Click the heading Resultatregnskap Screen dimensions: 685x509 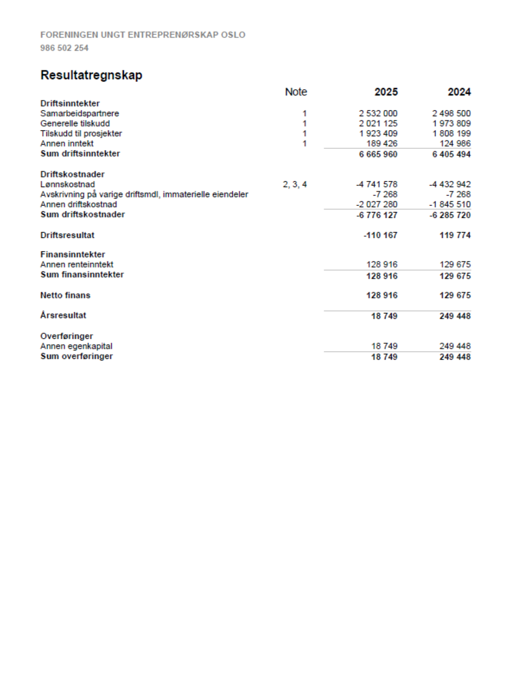[x=91, y=75]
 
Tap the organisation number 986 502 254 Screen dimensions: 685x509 [x=64, y=48]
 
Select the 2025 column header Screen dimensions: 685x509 [x=386, y=92]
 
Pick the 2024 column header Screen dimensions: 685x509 [x=459, y=92]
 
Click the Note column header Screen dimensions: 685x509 [x=296, y=92]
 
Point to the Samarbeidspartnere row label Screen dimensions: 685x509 [x=80, y=113]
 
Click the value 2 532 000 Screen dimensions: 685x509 [x=378, y=113]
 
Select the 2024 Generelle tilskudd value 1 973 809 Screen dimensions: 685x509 [x=452, y=123]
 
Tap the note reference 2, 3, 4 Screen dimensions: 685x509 [x=295, y=185]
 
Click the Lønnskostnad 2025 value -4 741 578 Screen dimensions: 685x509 [x=377, y=185]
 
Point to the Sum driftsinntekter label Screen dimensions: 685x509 [x=80, y=153]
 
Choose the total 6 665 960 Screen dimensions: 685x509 [x=378, y=154]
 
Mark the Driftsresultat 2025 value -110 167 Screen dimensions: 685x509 [x=381, y=235]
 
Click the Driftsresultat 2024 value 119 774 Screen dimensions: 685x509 [x=455, y=235]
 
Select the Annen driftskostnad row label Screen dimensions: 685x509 [x=78, y=204]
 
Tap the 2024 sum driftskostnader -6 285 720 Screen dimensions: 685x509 [x=450, y=215]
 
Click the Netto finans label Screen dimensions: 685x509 [x=65, y=295]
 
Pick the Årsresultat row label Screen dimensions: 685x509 [x=63, y=315]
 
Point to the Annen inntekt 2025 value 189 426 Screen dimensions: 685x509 [x=382, y=144]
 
